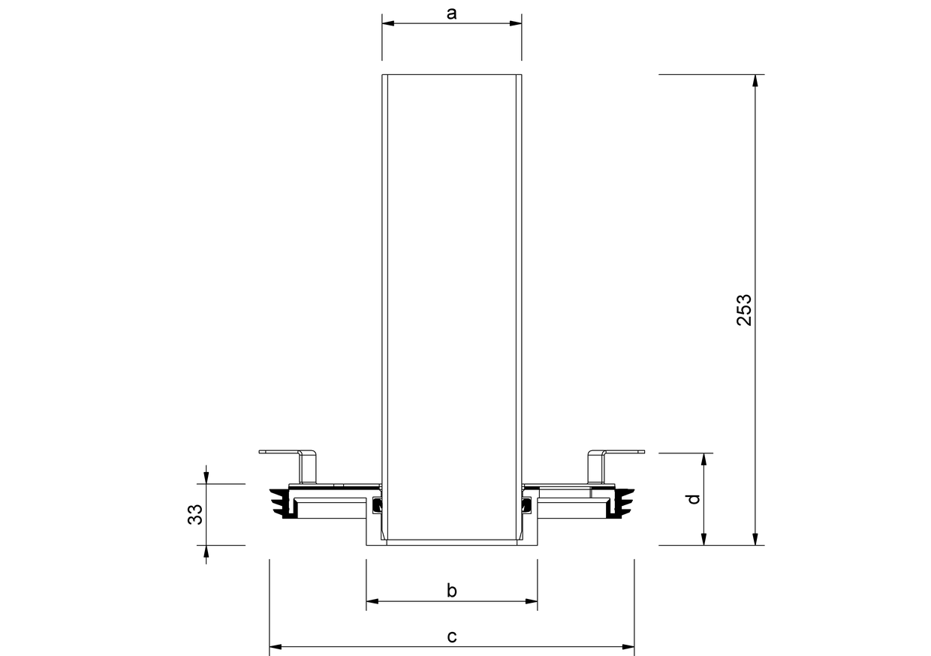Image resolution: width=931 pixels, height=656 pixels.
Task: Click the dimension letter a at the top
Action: (x=451, y=14)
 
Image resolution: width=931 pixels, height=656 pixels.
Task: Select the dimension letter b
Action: (x=452, y=591)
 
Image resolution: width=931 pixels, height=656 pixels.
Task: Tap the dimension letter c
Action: (x=452, y=636)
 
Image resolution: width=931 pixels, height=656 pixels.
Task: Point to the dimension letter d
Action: (x=694, y=499)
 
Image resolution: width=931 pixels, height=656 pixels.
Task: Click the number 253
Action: (x=744, y=310)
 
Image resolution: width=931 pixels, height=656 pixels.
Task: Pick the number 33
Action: (x=195, y=514)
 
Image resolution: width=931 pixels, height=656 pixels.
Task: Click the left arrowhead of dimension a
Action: (x=388, y=23)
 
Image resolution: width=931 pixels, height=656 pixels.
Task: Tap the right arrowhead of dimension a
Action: (x=516, y=23)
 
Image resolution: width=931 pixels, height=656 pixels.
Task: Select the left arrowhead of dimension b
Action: (x=372, y=601)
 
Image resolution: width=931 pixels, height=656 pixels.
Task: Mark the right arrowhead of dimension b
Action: (x=531, y=601)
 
